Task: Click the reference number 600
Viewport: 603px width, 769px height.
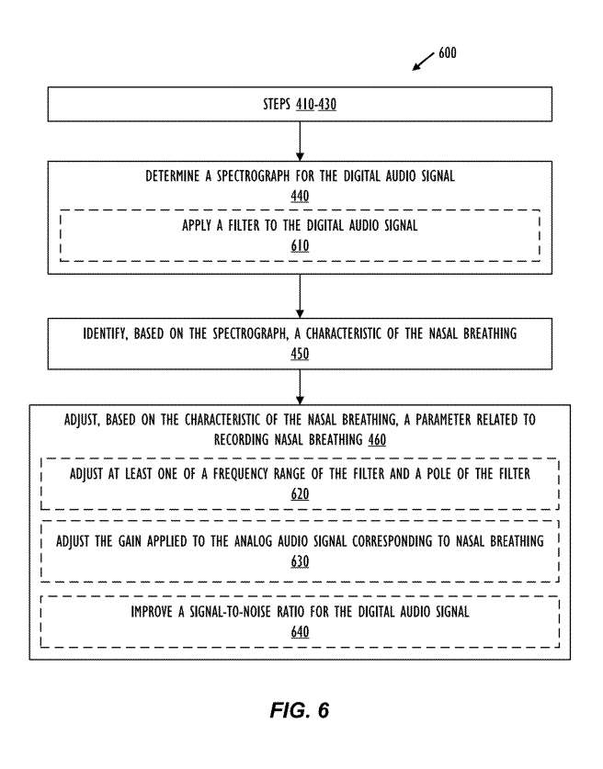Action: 447,52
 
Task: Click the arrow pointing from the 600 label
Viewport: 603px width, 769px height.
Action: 423,62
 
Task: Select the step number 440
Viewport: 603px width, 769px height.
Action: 300,197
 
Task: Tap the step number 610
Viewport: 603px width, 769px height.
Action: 300,245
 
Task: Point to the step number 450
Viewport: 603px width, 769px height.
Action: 300,354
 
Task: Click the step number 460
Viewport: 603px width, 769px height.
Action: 377,439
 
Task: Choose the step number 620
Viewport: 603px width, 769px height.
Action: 300,494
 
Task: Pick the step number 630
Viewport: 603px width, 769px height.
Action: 300,561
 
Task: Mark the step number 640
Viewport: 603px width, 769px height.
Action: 300,632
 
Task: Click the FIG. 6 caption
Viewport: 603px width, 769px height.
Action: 300,710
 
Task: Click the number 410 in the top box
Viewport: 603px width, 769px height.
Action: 304,104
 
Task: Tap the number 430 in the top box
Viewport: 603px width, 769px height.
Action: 327,104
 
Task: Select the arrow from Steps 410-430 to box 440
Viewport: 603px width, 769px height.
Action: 300,141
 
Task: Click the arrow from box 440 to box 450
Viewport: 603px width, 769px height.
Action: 300,296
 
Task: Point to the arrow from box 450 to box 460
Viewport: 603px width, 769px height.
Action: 300,387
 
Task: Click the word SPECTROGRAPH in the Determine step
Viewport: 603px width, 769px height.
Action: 253,176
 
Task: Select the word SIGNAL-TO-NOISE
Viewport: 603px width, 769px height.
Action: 230,612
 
